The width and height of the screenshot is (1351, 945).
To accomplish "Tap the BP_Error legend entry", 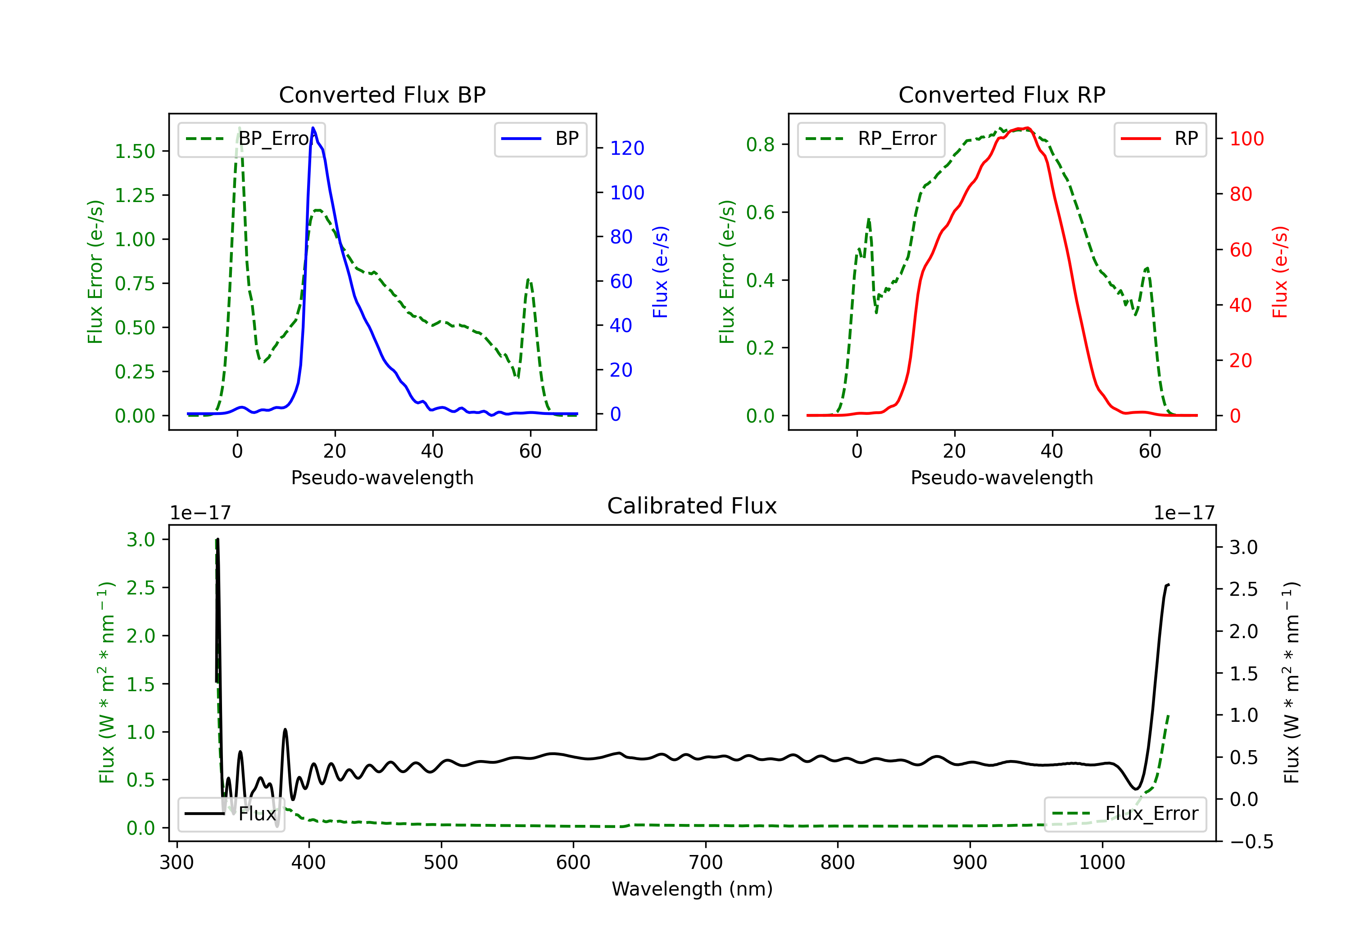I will click(x=252, y=139).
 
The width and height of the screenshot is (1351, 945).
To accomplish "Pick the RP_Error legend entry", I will click(x=871, y=139).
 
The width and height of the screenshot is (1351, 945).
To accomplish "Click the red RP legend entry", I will click(x=1160, y=139).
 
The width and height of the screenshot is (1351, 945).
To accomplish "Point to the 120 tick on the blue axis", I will click(x=627, y=148).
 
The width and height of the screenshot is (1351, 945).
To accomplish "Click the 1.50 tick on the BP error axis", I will click(x=134, y=151).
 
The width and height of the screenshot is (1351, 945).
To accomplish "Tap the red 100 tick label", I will click(x=1246, y=139).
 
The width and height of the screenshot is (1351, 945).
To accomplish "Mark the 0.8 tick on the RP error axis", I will click(x=760, y=144).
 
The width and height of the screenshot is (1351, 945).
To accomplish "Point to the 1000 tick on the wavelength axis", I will click(x=1102, y=863).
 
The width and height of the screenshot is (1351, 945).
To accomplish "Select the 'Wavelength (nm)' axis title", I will click(x=692, y=889).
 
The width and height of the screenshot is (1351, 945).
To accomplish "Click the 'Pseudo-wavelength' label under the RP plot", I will click(x=1002, y=477).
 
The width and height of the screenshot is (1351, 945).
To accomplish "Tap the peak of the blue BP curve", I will click(x=313, y=128).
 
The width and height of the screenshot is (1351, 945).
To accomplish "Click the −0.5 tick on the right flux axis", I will click(x=1251, y=841).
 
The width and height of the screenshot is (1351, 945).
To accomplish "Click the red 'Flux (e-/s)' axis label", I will click(x=1280, y=272).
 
